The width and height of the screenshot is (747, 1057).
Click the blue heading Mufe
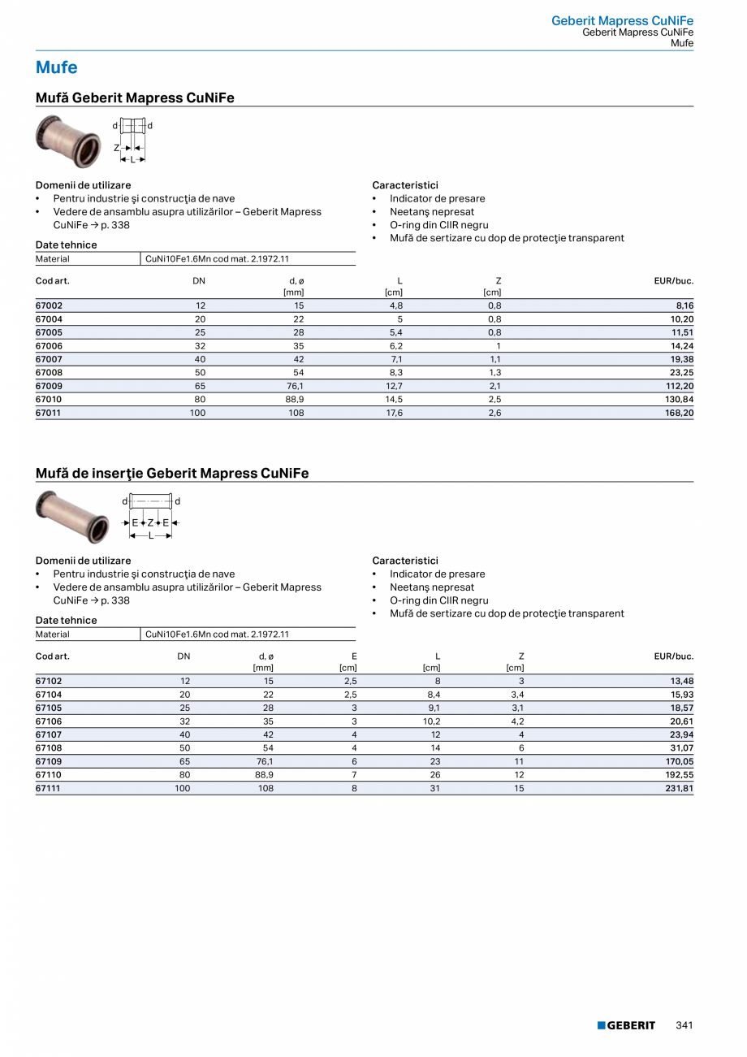[57, 67]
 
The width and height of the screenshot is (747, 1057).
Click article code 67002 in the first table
[49, 305]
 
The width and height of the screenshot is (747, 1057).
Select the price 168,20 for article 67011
[680, 413]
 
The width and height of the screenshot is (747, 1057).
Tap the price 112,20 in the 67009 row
[680, 386]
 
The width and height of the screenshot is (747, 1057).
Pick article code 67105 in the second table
[49, 708]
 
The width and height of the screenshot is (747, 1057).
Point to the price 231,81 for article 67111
[680, 788]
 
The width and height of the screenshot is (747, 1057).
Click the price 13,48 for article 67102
[680, 681]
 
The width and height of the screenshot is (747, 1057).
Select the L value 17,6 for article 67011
[395, 413]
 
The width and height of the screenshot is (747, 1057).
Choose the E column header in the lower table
[354, 656]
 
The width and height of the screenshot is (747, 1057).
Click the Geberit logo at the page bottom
[626, 1025]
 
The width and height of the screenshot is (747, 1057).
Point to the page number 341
[684, 1025]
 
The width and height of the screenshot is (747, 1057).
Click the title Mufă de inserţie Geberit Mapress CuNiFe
[172, 473]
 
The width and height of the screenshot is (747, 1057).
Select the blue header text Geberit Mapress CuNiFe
[622, 20]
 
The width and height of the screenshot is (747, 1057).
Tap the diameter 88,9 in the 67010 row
[295, 400]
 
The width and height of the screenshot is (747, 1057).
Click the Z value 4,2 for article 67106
[517, 721]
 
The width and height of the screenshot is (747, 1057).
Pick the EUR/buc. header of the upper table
[673, 280]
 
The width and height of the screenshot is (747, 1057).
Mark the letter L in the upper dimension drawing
[132, 159]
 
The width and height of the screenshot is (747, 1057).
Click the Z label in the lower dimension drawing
[150, 522]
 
